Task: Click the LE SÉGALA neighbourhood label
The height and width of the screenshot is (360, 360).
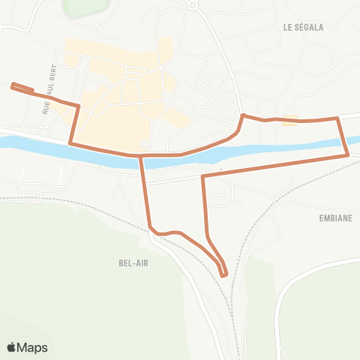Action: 303,27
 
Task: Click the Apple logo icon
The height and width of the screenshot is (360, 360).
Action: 12,347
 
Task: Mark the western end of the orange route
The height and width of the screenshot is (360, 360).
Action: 13,86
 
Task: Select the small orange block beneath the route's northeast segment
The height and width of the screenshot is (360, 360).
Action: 290,120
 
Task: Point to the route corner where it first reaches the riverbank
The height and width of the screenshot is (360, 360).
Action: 70,142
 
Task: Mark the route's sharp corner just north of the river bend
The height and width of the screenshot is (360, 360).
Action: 241,115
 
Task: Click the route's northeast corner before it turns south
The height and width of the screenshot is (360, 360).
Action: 337,118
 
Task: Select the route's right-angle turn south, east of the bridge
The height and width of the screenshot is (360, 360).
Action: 203,177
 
